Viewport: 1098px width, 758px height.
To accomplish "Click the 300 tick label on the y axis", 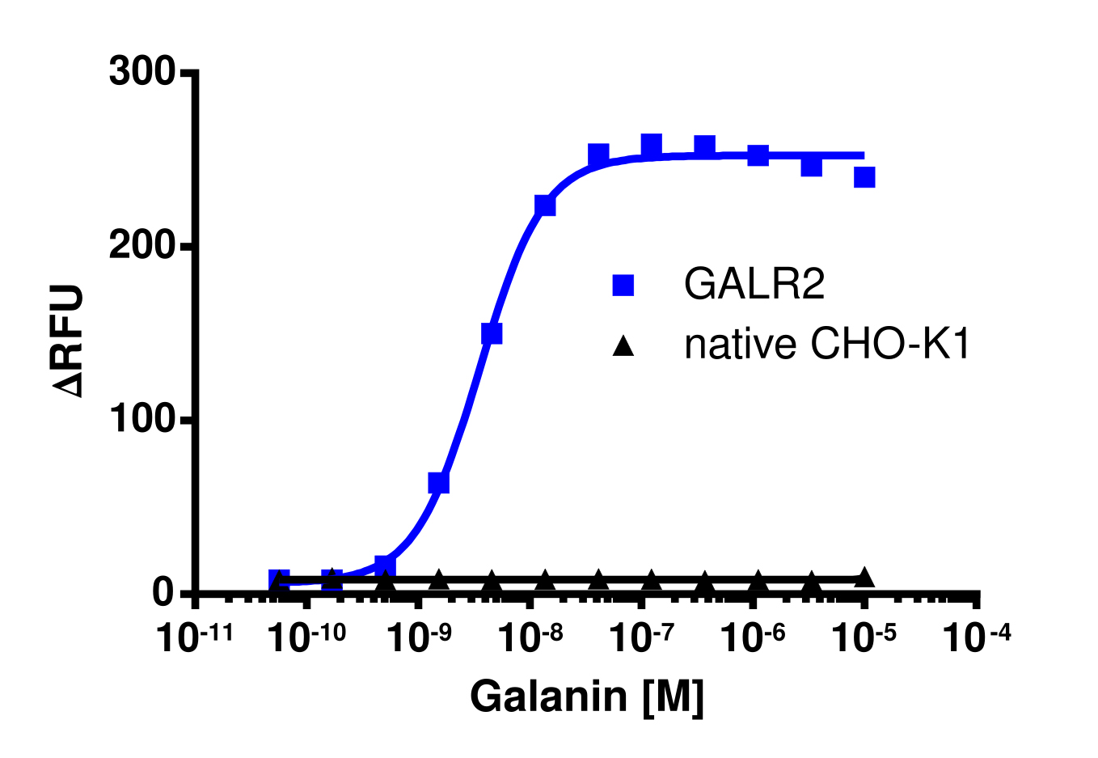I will (142, 73).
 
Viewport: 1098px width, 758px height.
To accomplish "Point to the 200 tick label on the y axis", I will (142, 246).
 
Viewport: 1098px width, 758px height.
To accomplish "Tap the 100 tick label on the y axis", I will (142, 420).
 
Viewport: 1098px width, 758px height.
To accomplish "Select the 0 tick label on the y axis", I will (163, 594).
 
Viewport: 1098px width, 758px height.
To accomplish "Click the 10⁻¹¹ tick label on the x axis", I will (195, 638).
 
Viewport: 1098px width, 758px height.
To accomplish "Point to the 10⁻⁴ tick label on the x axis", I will (977, 638).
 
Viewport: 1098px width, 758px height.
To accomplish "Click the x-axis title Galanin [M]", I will (587, 697).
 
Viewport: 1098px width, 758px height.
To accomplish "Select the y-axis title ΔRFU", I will (70, 341).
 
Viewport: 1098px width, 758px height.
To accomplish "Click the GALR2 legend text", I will (754, 284).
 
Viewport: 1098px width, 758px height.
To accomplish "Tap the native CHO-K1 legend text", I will (826, 345).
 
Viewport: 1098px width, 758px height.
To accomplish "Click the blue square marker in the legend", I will (623, 285).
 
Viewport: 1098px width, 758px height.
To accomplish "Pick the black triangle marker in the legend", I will (623, 346).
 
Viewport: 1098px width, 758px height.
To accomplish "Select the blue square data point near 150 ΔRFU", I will (492, 333).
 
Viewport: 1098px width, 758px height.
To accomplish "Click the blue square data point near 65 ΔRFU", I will (438, 483).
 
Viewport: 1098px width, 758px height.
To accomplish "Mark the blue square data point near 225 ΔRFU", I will (545, 205).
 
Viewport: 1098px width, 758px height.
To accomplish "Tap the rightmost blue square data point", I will (864, 177).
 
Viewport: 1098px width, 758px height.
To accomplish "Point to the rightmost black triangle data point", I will (864, 577).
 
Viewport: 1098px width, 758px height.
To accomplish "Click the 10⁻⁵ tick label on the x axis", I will (864, 638).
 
